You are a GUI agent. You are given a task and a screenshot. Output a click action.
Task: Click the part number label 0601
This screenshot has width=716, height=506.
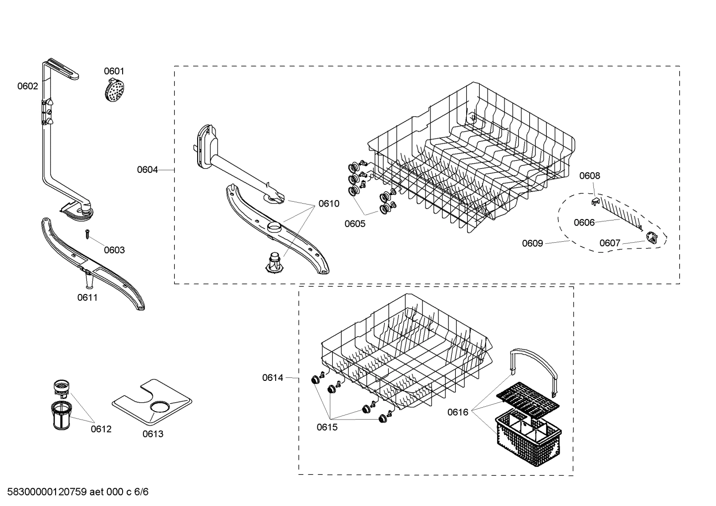coord(114,72)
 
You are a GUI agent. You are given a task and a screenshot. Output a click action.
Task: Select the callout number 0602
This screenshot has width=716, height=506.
coord(27,86)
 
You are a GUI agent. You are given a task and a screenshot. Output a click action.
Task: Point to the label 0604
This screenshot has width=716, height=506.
coord(147,170)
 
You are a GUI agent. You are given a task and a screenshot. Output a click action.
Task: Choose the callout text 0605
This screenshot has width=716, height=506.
coord(355,224)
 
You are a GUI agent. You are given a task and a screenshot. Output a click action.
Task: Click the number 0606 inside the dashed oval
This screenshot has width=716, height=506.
coord(584,222)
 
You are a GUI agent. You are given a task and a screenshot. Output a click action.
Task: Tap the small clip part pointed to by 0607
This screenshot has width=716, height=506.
coord(652,239)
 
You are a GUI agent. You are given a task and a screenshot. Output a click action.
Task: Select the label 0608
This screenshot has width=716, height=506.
coord(589,176)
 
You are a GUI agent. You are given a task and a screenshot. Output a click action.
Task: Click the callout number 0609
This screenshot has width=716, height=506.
coord(532,243)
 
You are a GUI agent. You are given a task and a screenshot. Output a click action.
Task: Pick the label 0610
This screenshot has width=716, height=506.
coord(329,204)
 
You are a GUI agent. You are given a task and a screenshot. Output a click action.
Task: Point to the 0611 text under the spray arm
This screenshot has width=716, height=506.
coord(87,297)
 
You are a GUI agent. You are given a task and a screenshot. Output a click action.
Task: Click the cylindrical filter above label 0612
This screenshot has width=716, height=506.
coord(61,414)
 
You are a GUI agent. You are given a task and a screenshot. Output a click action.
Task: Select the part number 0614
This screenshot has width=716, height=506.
coord(273,378)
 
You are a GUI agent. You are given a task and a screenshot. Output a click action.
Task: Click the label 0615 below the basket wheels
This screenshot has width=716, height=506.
coord(327,427)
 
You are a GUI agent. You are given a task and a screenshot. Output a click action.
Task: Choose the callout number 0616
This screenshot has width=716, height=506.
coord(457,412)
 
